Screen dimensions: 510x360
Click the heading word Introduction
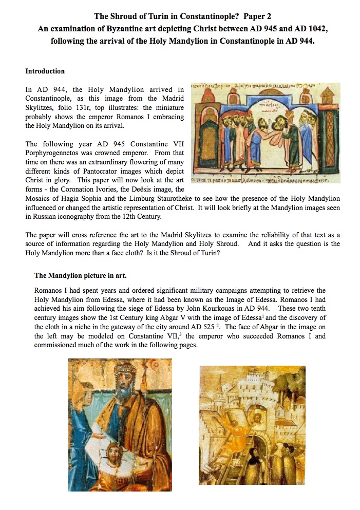point(45,71)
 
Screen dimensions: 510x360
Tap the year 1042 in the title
point(315,29)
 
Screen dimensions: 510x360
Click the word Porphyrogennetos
point(53,153)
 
